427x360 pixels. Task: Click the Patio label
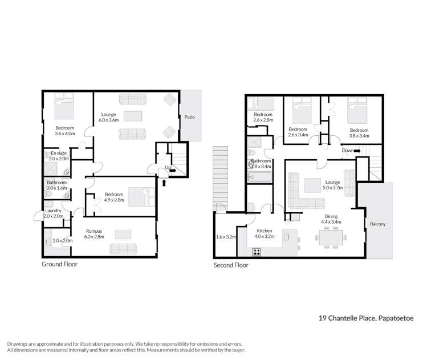tap(189, 118)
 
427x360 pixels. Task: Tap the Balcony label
tap(378, 224)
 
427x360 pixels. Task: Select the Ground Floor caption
tap(59, 265)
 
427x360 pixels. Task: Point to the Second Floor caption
tap(230, 265)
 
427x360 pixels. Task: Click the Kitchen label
tap(265, 230)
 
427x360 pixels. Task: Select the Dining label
tap(332, 216)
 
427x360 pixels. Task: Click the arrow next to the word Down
tap(358, 151)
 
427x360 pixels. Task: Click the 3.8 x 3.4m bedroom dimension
tap(359, 136)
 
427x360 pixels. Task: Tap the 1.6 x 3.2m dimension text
tap(226, 236)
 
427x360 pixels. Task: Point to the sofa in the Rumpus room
tap(123, 249)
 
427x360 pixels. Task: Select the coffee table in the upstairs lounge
tap(312, 185)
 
